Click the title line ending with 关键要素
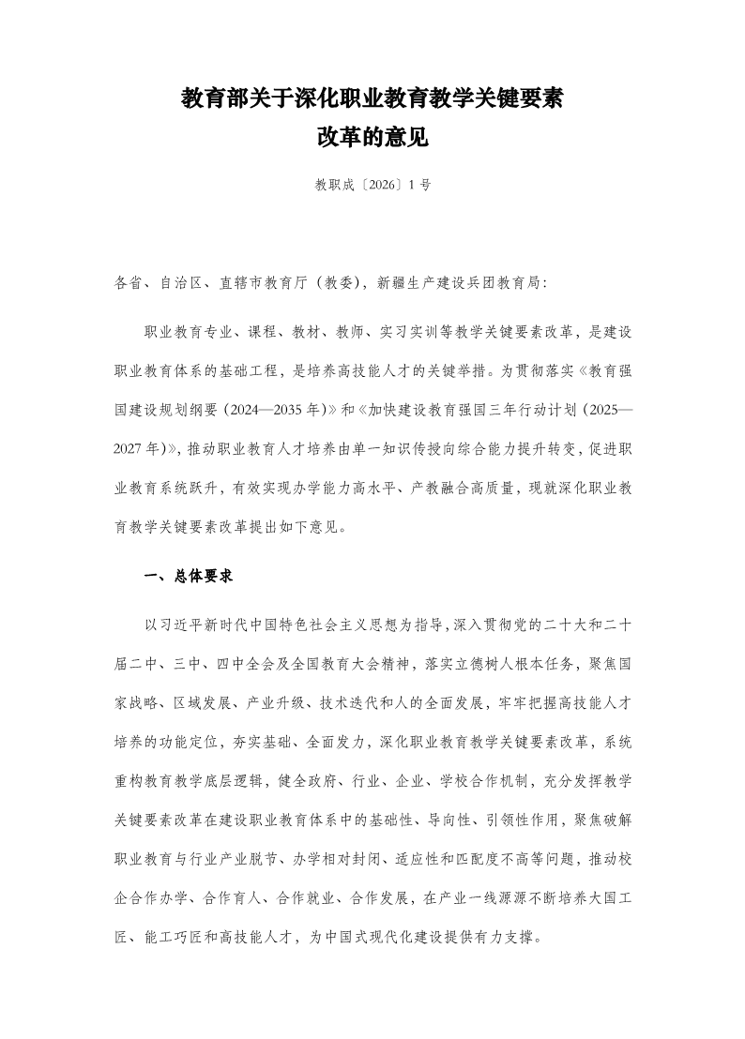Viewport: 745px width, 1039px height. [x=372, y=99]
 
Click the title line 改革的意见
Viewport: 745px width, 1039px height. [x=372, y=138]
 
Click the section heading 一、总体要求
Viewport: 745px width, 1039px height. [x=188, y=577]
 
